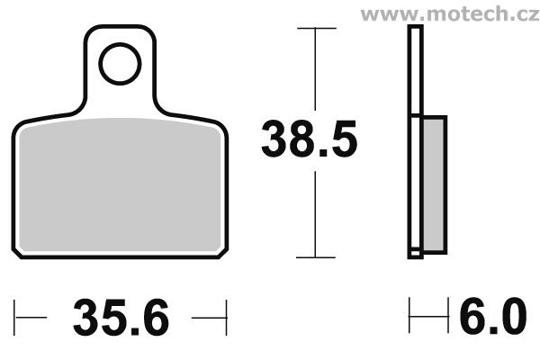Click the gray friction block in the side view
pyautogui.click(x=433, y=184)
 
